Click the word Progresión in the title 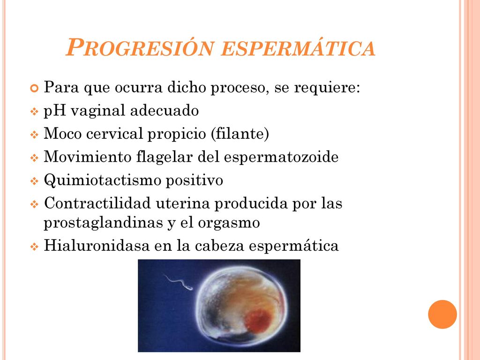tap(140, 47)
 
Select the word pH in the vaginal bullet tap(55, 111)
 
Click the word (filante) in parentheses tap(240, 134)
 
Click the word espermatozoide tap(281, 157)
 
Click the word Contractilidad tap(97, 203)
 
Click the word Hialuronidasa tap(97, 245)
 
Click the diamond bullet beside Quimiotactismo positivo tap(34, 181)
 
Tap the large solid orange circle tap(442, 314)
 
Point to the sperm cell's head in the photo tap(189, 287)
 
